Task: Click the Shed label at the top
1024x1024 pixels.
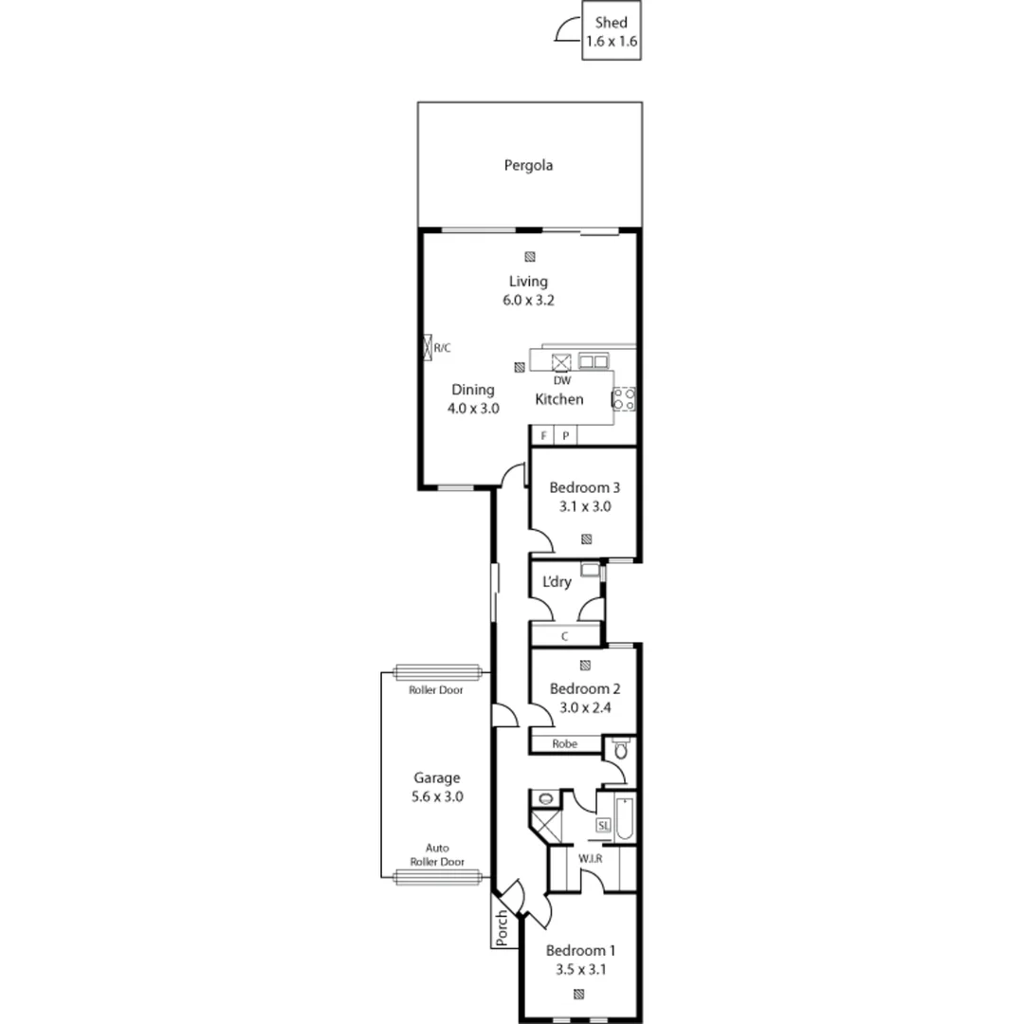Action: (611, 24)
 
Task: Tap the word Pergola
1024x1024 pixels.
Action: (528, 165)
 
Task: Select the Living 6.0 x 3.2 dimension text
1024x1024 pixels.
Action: (528, 301)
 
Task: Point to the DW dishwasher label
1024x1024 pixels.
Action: (562, 380)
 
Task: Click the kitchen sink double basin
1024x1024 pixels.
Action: (594, 361)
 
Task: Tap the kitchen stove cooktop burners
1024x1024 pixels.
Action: (623, 398)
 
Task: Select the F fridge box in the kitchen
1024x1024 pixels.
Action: (543, 436)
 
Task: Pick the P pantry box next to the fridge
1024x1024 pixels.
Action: (565, 436)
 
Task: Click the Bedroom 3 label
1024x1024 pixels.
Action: (584, 488)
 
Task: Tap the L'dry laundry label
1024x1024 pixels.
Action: (557, 582)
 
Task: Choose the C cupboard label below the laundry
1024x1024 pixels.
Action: (564, 636)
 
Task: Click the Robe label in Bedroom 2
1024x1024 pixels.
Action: (565, 744)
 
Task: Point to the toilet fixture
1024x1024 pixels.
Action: (620, 750)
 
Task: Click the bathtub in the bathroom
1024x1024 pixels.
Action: (623, 820)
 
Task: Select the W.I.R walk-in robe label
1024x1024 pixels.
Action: (592, 857)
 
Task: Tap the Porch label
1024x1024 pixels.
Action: (503, 928)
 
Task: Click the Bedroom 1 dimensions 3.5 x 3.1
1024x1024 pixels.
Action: (580, 970)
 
